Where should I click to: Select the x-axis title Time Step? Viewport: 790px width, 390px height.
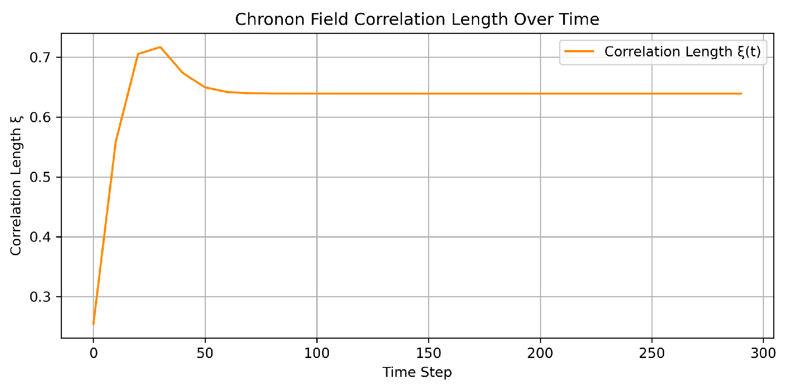click(x=417, y=372)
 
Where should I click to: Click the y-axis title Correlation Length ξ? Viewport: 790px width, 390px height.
click(x=16, y=185)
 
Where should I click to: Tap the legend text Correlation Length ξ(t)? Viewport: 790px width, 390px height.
click(x=682, y=52)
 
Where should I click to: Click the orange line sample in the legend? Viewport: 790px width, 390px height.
click(x=579, y=52)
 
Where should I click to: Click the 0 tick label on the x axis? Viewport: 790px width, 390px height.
click(x=93, y=353)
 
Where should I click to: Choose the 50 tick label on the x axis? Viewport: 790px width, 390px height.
click(x=205, y=353)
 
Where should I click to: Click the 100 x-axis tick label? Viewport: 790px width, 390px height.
click(x=317, y=353)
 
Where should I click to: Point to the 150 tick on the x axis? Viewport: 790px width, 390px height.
click(x=428, y=353)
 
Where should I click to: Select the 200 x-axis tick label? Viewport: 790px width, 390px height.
click(x=540, y=353)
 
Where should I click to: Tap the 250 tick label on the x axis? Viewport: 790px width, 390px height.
click(x=651, y=353)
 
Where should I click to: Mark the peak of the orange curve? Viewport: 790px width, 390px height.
click(x=160, y=47)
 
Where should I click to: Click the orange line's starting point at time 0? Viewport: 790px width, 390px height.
click(x=93, y=324)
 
